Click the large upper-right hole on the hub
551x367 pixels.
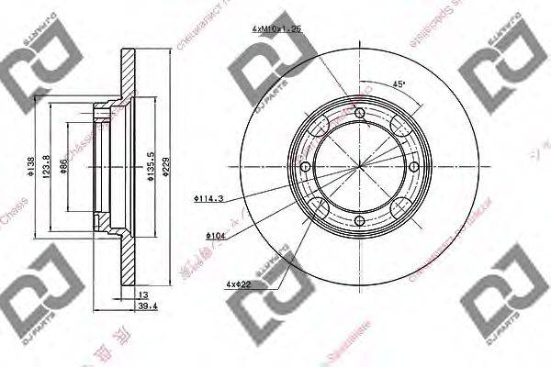399,125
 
